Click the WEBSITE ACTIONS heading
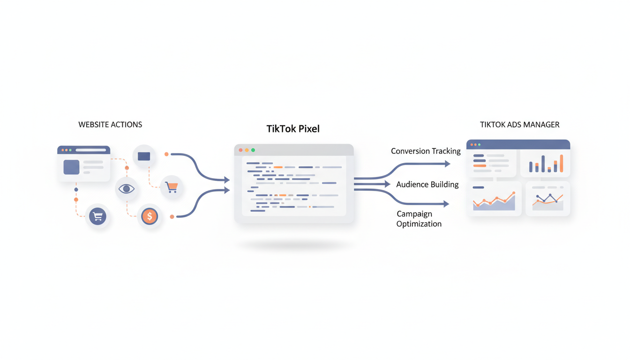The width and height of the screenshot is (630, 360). pos(110,125)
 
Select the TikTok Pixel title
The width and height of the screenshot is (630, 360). pos(293,129)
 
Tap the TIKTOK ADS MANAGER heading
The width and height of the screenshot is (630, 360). pos(519,125)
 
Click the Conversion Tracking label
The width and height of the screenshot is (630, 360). pos(426,151)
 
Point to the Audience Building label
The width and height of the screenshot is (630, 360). pos(427,184)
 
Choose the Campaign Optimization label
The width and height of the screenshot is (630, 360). pos(419,219)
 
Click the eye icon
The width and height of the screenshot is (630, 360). pos(126,189)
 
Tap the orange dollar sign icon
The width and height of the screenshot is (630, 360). pos(150,216)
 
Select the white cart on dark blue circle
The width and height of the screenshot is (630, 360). pos(97,216)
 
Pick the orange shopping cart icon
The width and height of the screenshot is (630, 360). pos(172,187)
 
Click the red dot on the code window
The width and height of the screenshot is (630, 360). pos(241,150)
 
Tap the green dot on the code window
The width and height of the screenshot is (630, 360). pos(253,150)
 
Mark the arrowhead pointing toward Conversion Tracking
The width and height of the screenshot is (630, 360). pos(447,164)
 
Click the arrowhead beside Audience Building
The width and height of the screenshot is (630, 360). pos(387,184)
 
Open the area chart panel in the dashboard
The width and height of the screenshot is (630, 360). pos(494,199)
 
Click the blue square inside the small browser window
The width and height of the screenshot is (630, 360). pos(71,167)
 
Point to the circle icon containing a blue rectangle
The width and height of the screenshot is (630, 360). pos(144,156)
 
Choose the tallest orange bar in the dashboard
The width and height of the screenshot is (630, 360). pos(561,164)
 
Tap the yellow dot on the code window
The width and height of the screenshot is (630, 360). pos(247,150)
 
